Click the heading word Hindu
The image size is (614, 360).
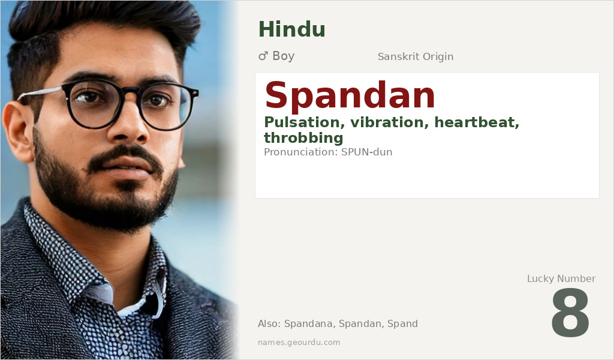pyautogui.click(x=291, y=29)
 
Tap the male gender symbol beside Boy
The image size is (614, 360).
pyautogui.click(x=263, y=56)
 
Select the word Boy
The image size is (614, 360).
pyautogui.click(x=283, y=56)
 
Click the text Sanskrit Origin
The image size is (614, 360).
pyautogui.click(x=415, y=57)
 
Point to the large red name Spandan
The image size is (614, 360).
pyautogui.click(x=350, y=96)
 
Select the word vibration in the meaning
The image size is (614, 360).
pyautogui.click(x=386, y=123)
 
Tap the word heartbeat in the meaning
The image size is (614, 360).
pyautogui.click(x=477, y=123)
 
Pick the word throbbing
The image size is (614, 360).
pyautogui.click(x=303, y=138)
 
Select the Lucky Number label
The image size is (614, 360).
pyautogui.click(x=561, y=278)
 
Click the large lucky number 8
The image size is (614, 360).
pyautogui.click(x=570, y=313)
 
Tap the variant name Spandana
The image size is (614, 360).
pyautogui.click(x=308, y=324)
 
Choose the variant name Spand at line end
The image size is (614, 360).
pyautogui.click(x=402, y=324)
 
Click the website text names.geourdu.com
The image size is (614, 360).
pyautogui.click(x=299, y=343)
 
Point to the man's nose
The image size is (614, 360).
pyautogui.click(x=133, y=129)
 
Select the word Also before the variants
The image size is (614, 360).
pyautogui.click(x=268, y=324)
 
